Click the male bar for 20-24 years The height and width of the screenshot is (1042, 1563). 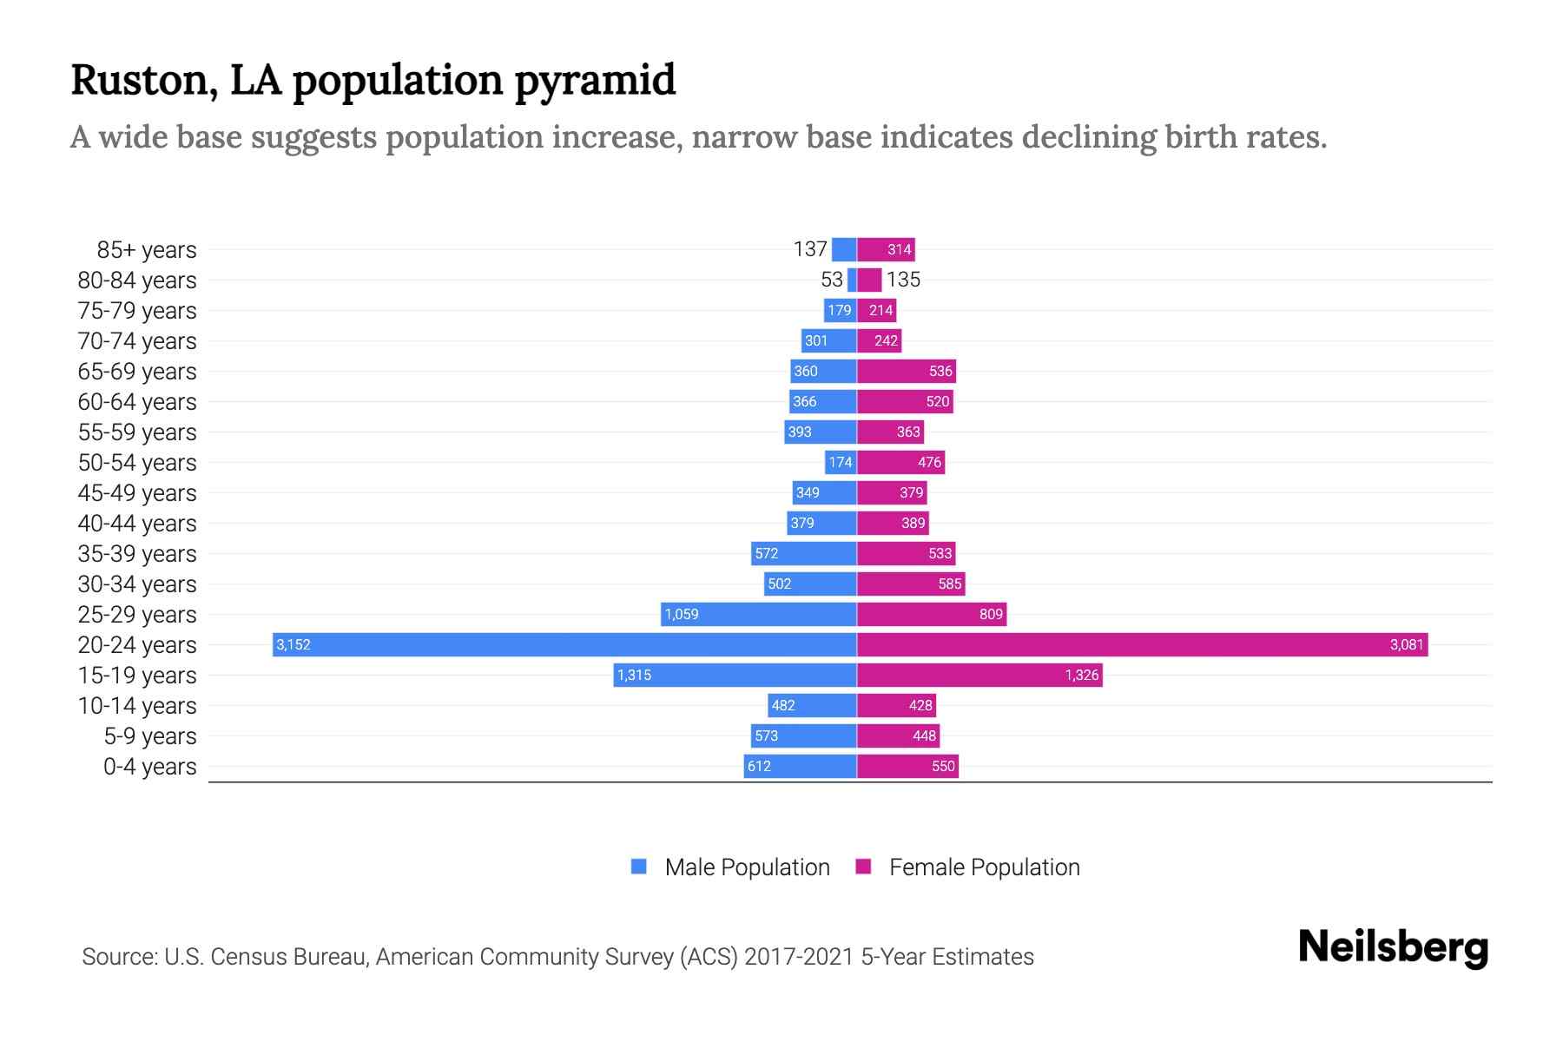coord(564,644)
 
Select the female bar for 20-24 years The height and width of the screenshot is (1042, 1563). coord(1142,644)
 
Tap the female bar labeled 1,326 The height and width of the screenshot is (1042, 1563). coord(979,675)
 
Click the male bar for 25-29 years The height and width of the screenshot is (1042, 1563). coord(758,614)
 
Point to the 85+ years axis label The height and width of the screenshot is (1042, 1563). coord(146,250)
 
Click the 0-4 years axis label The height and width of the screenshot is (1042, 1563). coord(149,767)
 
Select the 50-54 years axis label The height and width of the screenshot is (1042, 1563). coord(137,463)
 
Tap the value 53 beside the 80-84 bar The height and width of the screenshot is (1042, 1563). coord(831,280)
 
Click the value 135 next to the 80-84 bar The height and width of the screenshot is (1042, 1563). coord(903,280)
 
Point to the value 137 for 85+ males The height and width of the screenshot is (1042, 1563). coord(809,249)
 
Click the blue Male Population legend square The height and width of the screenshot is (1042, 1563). coord(639,867)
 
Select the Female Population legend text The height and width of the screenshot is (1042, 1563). coord(984,867)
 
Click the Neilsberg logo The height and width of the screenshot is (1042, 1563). coord(1393,947)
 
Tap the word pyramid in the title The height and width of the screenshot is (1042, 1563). coord(595,81)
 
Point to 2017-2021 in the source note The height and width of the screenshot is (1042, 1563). coord(799,957)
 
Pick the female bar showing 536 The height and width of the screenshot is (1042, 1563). coord(906,371)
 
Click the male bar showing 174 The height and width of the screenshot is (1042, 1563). coord(841,462)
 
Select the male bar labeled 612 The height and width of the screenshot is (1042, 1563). coord(800,766)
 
